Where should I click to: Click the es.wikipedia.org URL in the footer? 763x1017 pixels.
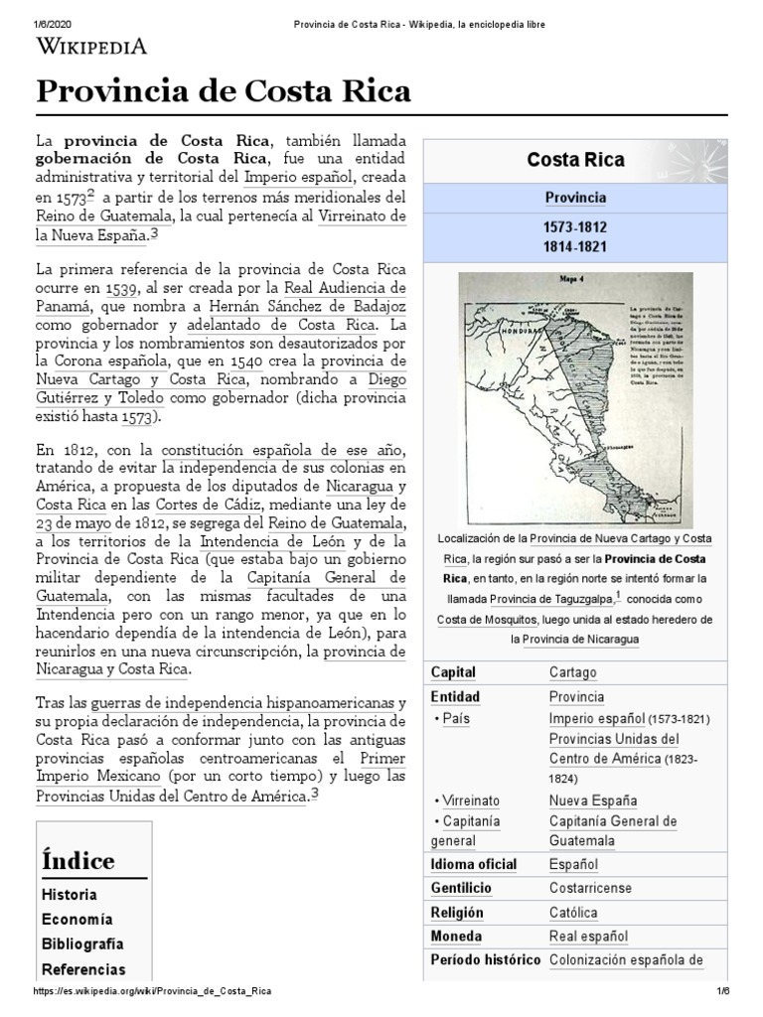[152, 991]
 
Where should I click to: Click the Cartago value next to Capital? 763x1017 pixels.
[572, 672]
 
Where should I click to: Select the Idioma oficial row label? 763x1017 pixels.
[473, 864]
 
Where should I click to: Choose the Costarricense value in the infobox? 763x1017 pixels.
[590, 888]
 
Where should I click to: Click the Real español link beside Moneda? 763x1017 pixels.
[588, 936]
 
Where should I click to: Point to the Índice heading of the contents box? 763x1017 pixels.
[77, 860]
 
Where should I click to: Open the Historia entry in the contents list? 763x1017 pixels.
[69, 894]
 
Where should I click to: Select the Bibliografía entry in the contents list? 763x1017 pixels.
[82, 944]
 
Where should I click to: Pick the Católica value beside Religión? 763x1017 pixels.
[573, 912]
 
